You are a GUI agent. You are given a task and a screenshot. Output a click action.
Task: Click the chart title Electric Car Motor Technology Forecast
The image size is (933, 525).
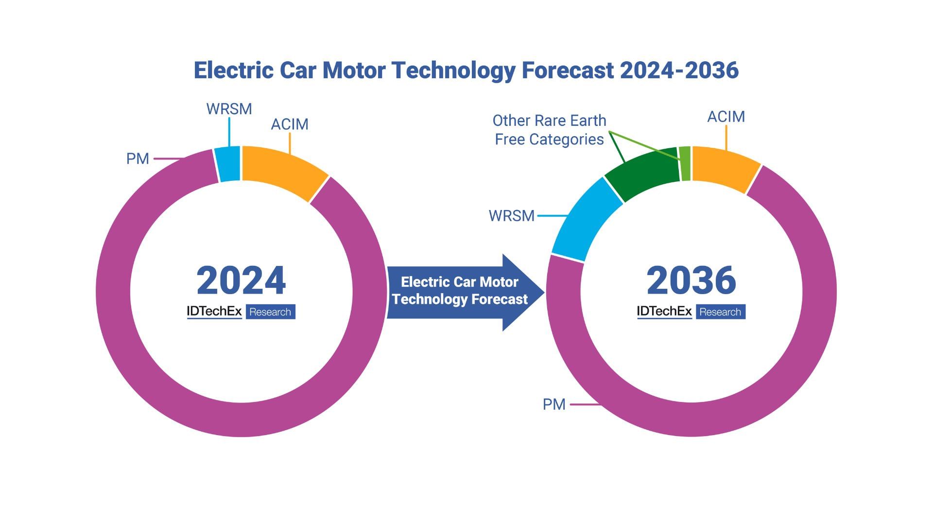tap(466, 70)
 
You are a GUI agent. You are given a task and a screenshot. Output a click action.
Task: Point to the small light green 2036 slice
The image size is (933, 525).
tap(685, 163)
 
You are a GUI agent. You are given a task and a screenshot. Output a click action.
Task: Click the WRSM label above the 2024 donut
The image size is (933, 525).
tap(229, 109)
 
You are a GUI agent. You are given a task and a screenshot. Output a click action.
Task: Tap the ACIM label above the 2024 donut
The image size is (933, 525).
tap(290, 124)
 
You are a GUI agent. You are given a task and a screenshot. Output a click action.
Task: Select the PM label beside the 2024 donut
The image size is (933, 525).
tap(138, 159)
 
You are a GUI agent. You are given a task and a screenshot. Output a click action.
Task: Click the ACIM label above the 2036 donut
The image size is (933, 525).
tap(726, 117)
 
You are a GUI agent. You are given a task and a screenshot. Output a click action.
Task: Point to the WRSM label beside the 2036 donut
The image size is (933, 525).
tap(511, 216)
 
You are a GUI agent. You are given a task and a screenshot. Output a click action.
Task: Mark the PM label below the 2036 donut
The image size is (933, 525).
tap(554, 404)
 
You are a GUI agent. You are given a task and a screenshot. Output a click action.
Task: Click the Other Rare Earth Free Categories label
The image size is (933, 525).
tap(549, 130)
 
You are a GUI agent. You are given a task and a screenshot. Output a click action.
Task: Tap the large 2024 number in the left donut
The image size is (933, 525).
tap(241, 280)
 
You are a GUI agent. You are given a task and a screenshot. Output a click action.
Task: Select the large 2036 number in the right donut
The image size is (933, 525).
tap(691, 280)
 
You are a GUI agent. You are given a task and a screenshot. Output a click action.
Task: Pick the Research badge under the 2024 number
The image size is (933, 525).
tap(270, 312)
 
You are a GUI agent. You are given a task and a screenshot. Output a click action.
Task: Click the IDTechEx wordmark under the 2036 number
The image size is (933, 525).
tap(664, 312)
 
